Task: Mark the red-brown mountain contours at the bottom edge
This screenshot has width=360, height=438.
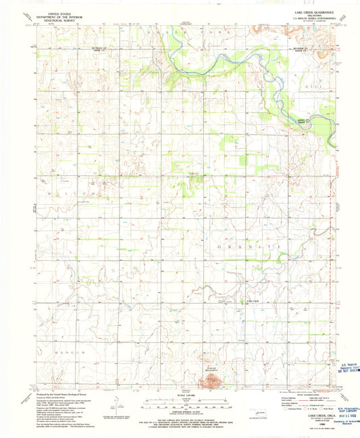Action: [x=215, y=383]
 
